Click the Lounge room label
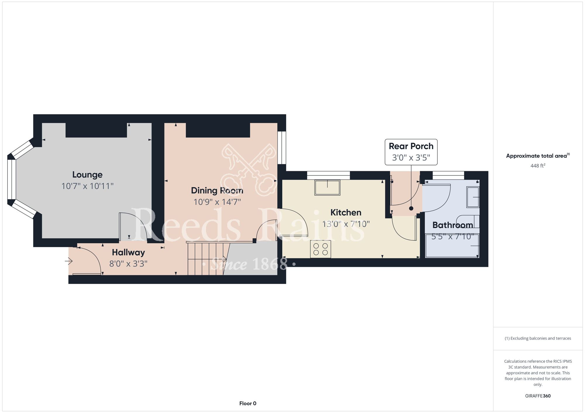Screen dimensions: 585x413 point(87,175)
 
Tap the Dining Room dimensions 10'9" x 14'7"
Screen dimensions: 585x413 point(217,202)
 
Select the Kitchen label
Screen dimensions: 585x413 point(346,212)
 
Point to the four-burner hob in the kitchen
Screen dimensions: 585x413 point(321,249)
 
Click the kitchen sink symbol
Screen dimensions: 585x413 point(327,188)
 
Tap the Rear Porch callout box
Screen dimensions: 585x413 point(411,152)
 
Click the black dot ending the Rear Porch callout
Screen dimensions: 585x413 point(411,209)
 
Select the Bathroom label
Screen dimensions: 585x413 point(452,225)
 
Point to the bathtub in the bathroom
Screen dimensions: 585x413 point(452,245)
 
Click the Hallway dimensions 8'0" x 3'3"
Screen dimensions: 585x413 point(128,264)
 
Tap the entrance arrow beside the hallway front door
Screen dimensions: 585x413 point(69,261)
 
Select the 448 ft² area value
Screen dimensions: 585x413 point(538,166)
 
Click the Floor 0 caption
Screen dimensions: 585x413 point(248,403)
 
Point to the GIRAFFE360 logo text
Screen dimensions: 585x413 point(538,396)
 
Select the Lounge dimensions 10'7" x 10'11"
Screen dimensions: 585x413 point(87,186)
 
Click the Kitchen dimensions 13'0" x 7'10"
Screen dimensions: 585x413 point(346,224)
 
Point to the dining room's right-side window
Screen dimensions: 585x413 point(282,148)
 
